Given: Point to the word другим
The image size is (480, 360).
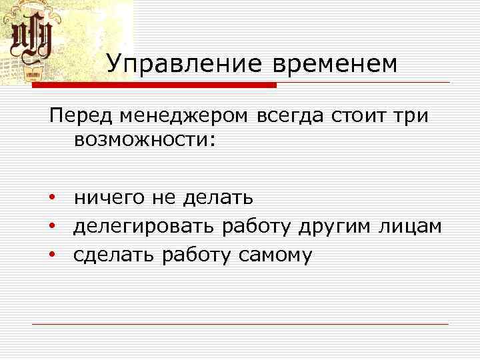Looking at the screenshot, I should tap(329, 227).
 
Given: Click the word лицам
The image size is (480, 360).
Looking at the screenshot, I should tap(411, 227).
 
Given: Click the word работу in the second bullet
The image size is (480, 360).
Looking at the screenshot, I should tap(255, 227).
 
